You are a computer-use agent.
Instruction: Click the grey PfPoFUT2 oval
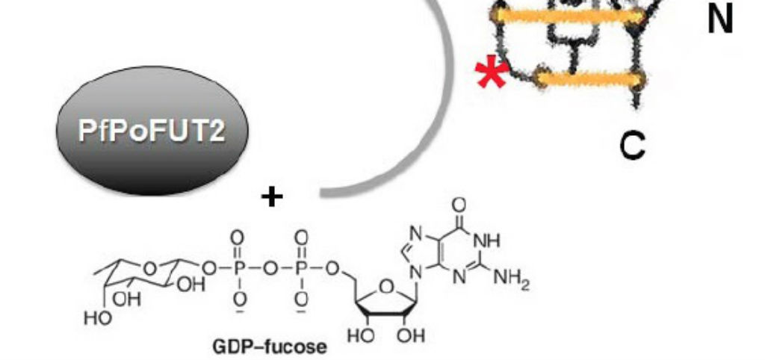pos(152,131)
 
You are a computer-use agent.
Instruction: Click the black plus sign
pos(272,197)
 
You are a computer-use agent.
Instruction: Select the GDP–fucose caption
pos(270,347)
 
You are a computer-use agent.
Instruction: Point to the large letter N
pos(720,19)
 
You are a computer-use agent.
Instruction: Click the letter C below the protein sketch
pos(632,146)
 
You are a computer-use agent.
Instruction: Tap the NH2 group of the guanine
pos(511,280)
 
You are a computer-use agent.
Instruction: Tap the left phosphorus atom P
pos(237,269)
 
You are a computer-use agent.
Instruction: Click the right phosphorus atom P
pos(302,269)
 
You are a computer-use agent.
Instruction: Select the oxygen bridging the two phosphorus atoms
pos(269,269)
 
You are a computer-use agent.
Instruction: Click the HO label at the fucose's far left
pos(97,320)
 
